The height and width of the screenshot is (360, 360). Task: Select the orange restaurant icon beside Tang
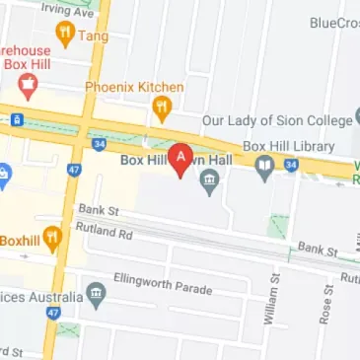coord(66,36)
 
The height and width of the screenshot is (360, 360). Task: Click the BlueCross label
coord(333,23)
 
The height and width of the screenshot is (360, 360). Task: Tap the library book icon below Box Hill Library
coord(264,170)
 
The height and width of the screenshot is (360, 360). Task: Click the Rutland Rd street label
coord(103,231)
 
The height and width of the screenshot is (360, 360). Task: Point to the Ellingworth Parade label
coord(163,288)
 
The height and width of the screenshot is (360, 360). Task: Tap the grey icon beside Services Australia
coord(96,293)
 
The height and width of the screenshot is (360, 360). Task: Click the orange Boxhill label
coord(19,240)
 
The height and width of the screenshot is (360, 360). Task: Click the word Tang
coord(95,36)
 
